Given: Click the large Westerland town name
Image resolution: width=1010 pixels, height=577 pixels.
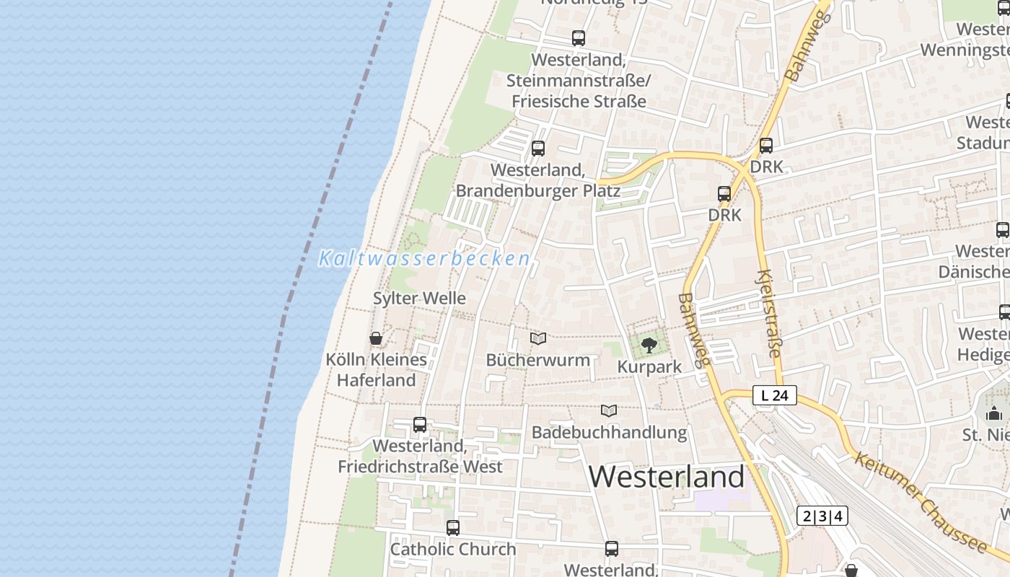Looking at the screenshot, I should click(x=667, y=477).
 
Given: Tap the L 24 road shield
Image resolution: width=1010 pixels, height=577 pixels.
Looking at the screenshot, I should click(x=775, y=395).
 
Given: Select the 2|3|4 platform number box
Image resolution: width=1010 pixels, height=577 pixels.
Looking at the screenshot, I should click(x=822, y=516).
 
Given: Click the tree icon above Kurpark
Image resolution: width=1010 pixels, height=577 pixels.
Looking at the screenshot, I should click(x=649, y=345).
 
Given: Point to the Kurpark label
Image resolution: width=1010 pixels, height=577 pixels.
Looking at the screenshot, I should click(x=649, y=366).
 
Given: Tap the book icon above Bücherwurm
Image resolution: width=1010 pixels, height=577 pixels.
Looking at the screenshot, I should click(x=538, y=338).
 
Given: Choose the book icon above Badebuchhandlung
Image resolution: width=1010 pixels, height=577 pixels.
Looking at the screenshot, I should click(x=609, y=410).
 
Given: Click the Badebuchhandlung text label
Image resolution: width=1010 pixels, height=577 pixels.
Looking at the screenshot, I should click(x=609, y=432).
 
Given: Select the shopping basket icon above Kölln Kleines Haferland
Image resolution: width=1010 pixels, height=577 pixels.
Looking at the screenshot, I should click(x=376, y=338).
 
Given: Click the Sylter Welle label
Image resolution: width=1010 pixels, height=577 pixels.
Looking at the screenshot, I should click(x=419, y=298).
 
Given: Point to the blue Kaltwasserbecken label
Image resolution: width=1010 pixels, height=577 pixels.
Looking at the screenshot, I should click(x=424, y=258).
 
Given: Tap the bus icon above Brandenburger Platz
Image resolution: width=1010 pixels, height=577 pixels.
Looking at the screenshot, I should click(x=538, y=149).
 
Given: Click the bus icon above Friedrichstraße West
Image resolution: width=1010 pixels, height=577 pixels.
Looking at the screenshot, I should click(x=420, y=425).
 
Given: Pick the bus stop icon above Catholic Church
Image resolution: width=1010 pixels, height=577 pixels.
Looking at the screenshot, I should click(x=453, y=528).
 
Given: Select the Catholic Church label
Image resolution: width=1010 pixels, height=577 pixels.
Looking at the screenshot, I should click(x=453, y=549).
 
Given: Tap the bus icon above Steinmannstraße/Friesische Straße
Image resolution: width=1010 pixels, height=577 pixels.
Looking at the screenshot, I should click(x=579, y=38).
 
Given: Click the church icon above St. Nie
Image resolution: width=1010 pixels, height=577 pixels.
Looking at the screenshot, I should click(x=994, y=414).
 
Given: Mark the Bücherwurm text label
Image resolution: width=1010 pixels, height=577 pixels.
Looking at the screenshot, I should click(x=538, y=360).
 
